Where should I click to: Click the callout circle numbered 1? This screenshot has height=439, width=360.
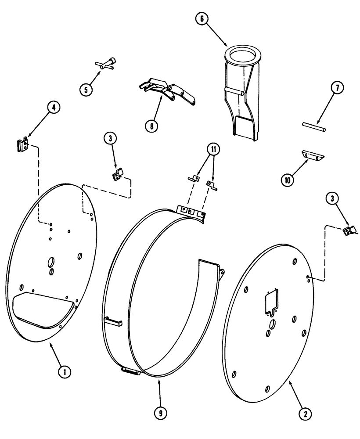(65, 372)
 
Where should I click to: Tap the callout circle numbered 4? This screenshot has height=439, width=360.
(54, 107)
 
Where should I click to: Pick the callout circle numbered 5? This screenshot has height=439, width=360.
(86, 89)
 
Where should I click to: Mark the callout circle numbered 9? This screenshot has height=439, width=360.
(160, 413)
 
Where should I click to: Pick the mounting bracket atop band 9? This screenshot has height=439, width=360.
(191, 211)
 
